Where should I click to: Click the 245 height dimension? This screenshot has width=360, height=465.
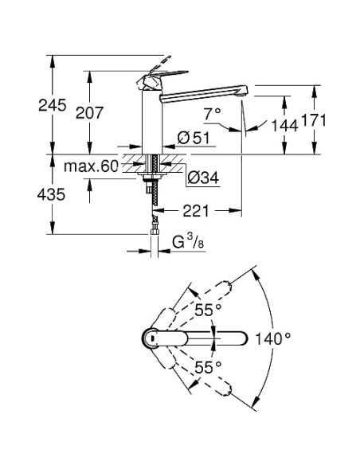click(x=53, y=105)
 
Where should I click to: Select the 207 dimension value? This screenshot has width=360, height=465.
click(x=89, y=113)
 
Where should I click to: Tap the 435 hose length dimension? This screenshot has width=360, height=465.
click(x=51, y=194)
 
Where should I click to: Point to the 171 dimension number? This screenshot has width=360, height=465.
click(x=314, y=120)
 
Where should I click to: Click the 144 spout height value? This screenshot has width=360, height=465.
click(x=284, y=126)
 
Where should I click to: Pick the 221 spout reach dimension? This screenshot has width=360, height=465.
click(x=196, y=211)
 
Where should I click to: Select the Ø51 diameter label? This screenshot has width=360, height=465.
click(x=194, y=138)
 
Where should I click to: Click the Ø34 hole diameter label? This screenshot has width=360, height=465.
click(x=203, y=178)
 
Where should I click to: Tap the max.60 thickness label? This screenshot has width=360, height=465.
click(x=91, y=166)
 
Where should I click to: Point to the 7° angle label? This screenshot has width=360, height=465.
click(x=213, y=114)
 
